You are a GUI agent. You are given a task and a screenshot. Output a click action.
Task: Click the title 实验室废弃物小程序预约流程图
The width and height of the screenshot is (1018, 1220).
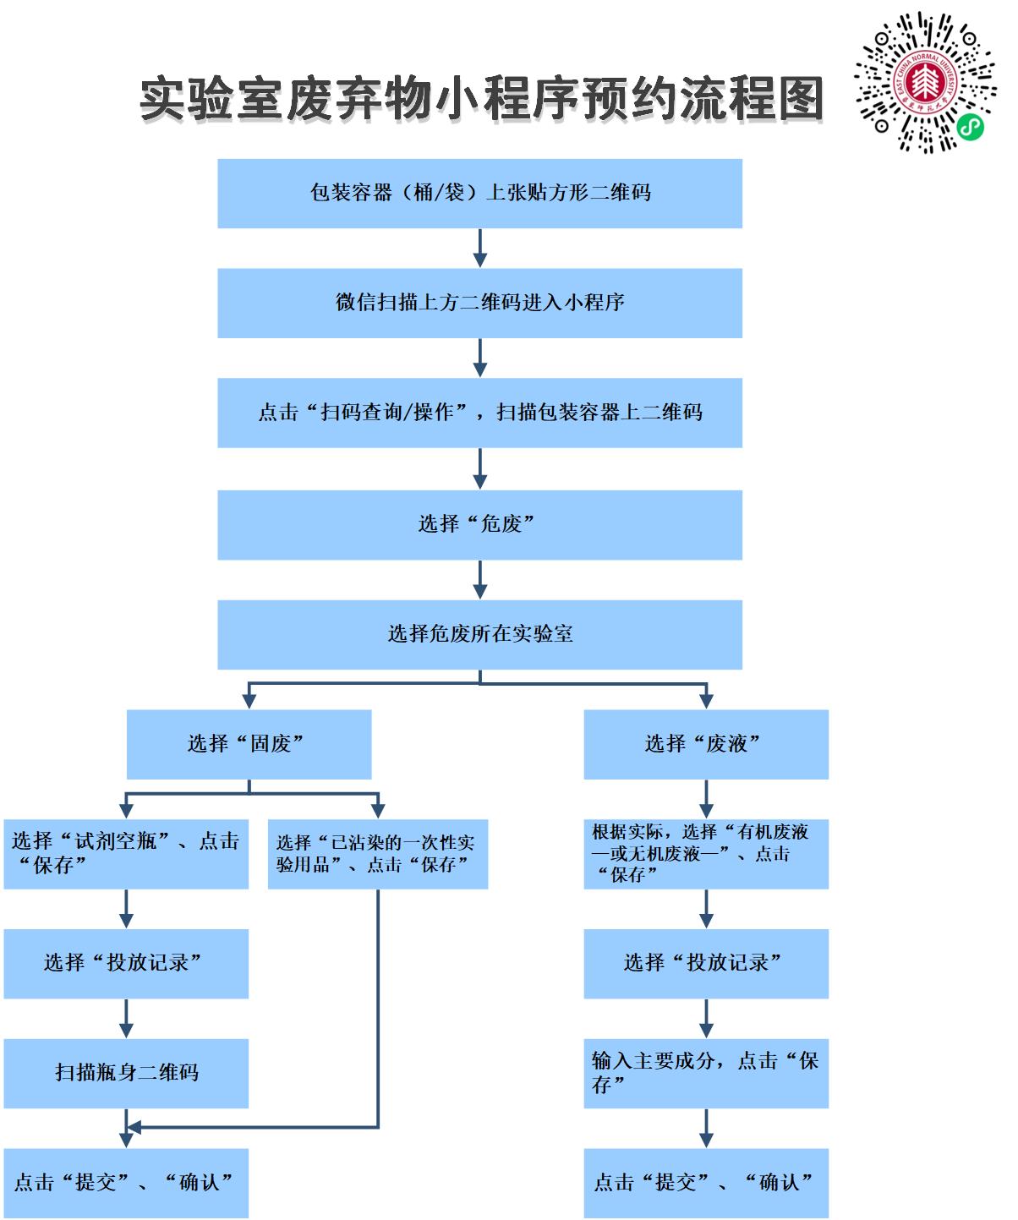pyautogui.click(x=480, y=99)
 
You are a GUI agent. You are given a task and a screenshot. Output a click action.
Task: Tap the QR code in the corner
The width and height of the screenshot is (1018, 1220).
pyautogui.click(x=925, y=82)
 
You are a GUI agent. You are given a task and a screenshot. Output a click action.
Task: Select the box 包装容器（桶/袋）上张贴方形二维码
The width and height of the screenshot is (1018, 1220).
pyautogui.click(x=479, y=194)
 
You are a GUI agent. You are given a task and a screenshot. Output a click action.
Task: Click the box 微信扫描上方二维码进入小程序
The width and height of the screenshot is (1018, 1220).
pyautogui.click(x=479, y=304)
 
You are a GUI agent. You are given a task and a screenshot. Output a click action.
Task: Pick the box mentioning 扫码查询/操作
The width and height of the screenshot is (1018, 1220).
pyautogui.click(x=479, y=413)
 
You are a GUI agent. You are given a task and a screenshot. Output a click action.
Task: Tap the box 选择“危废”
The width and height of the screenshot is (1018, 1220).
pyautogui.click(x=479, y=525)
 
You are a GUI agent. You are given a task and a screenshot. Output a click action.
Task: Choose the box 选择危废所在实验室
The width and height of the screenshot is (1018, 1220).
pyautogui.click(x=479, y=635)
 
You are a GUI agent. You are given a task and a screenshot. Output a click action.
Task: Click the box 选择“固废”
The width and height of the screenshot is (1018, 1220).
pyautogui.click(x=249, y=744)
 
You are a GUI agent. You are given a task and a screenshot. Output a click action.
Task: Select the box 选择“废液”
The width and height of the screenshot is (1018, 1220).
pyautogui.click(x=706, y=744)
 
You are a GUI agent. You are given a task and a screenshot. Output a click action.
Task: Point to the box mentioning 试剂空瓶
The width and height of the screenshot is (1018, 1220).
pyautogui.click(x=126, y=854)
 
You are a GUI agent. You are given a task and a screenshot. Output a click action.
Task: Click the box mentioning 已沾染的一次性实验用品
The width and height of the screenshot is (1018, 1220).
pyautogui.click(x=377, y=854)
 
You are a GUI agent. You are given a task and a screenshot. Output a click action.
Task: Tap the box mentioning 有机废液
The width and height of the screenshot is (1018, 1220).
pyautogui.click(x=706, y=854)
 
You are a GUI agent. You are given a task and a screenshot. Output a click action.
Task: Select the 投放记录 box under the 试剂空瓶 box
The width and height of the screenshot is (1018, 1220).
pyautogui.click(x=126, y=964)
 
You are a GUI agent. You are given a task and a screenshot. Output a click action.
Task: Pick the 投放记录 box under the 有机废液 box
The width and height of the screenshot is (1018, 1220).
pyautogui.click(x=706, y=964)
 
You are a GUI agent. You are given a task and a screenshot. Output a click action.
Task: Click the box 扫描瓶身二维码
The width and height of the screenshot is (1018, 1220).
pyautogui.click(x=126, y=1074)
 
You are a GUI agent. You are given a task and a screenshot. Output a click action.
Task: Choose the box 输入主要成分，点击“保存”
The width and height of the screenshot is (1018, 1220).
pyautogui.click(x=706, y=1074)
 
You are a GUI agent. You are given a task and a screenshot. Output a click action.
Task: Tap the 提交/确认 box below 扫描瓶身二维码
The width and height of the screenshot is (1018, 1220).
pyautogui.click(x=126, y=1183)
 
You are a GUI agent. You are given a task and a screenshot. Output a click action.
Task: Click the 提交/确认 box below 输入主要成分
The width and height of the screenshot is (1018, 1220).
pyautogui.click(x=706, y=1183)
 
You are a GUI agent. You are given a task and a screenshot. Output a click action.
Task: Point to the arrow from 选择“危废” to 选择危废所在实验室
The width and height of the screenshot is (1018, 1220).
pyautogui.click(x=479, y=580)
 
